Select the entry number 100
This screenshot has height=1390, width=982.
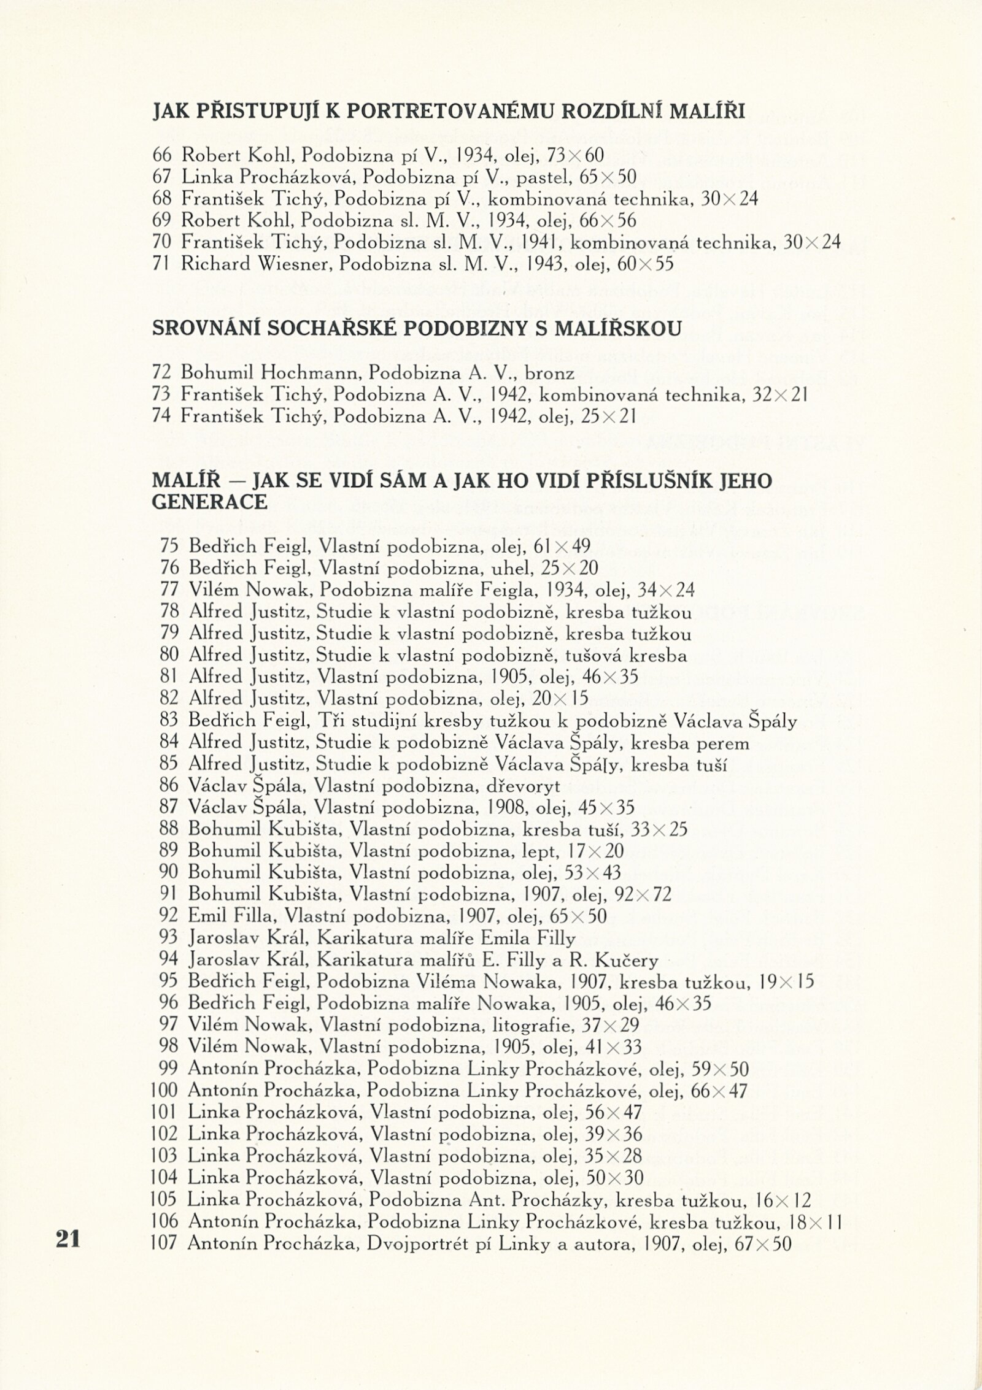[x=164, y=1090]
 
